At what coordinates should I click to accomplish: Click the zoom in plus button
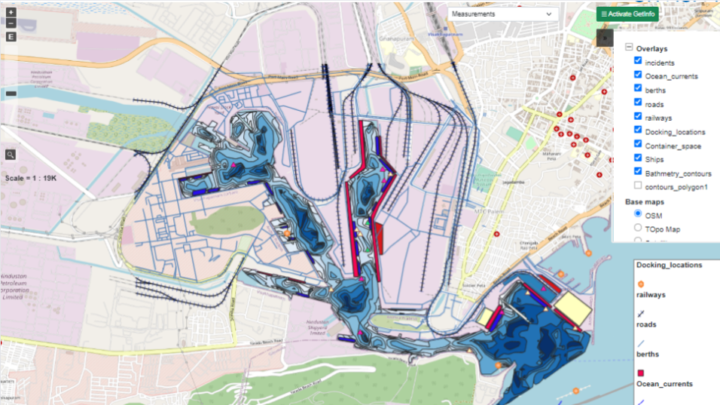pos(11,13)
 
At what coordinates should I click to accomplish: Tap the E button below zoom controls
pos(11,36)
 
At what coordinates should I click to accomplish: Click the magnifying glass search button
pos(11,155)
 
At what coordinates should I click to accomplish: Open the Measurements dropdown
pos(502,14)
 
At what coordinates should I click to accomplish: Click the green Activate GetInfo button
pos(627,14)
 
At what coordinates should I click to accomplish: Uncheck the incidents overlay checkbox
pos(638,62)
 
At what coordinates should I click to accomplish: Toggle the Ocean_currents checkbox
pos(638,75)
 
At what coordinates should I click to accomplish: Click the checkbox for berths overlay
pos(638,89)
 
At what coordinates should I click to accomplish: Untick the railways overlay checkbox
pos(638,117)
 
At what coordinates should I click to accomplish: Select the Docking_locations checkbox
pos(638,130)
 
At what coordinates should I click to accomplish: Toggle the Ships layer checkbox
pos(638,158)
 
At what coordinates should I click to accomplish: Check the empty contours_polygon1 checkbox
pos(638,186)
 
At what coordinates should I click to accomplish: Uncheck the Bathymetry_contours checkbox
pos(638,172)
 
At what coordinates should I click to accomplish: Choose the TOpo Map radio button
pos(638,228)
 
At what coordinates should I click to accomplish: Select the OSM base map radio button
pos(638,214)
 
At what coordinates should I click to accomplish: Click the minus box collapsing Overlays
pos(629,48)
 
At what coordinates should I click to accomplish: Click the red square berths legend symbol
pos(641,373)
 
